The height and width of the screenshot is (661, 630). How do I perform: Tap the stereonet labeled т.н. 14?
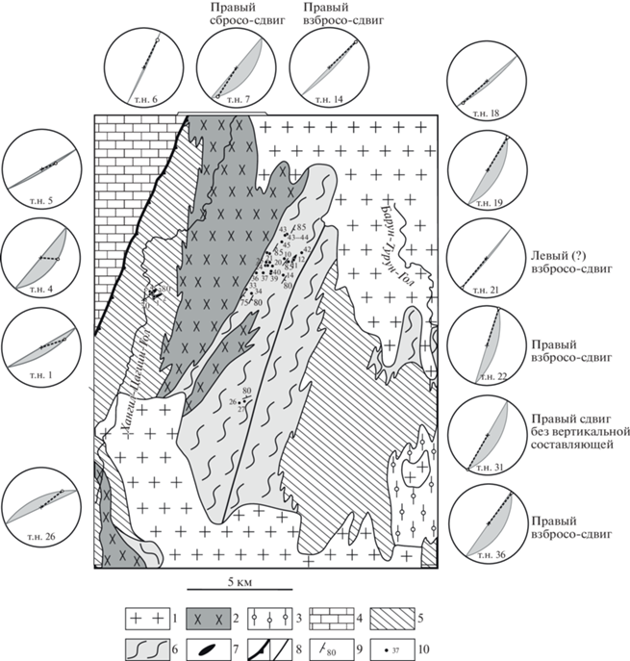pos(327,66)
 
